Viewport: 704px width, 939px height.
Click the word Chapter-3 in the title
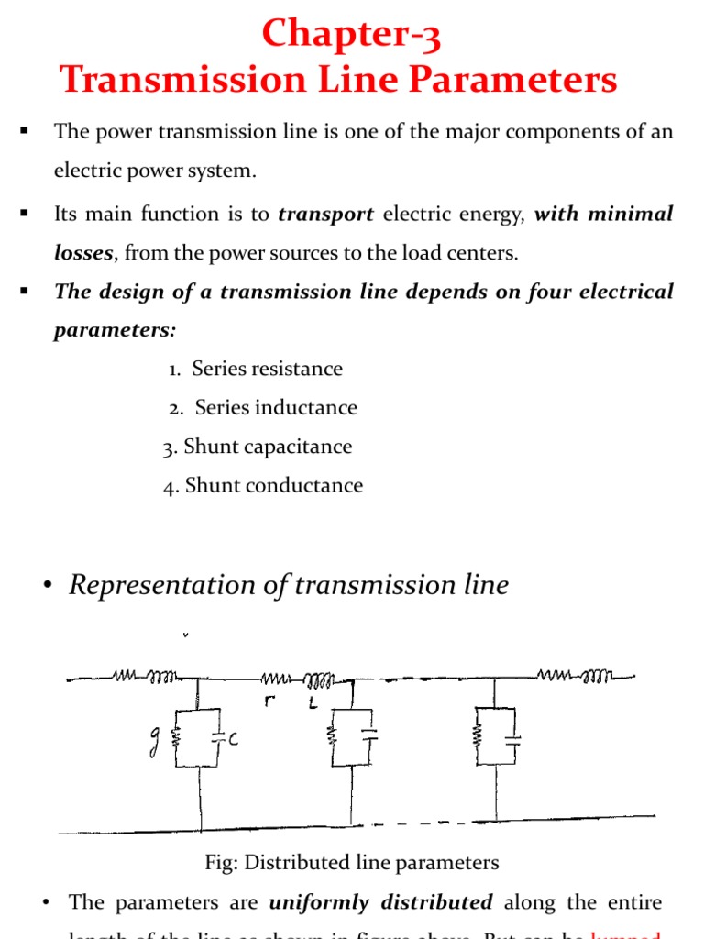coord(351,35)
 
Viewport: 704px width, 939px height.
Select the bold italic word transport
coord(325,215)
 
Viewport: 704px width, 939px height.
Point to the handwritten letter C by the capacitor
coord(235,738)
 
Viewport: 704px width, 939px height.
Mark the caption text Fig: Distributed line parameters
coord(352,863)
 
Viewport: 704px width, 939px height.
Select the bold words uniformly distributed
coord(380,902)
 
